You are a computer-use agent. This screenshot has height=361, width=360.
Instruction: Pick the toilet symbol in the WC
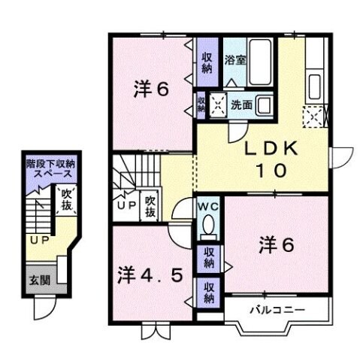208,226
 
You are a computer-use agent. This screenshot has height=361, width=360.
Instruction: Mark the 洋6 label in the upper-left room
150,89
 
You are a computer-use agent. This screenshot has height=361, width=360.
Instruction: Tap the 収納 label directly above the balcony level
207,290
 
